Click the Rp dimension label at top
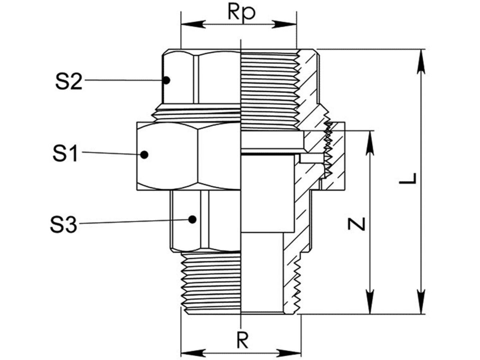click(x=241, y=12)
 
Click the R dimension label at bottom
click(x=241, y=340)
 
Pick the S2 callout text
click(x=69, y=81)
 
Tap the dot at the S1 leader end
click(x=144, y=154)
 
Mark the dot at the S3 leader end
click(x=193, y=219)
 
